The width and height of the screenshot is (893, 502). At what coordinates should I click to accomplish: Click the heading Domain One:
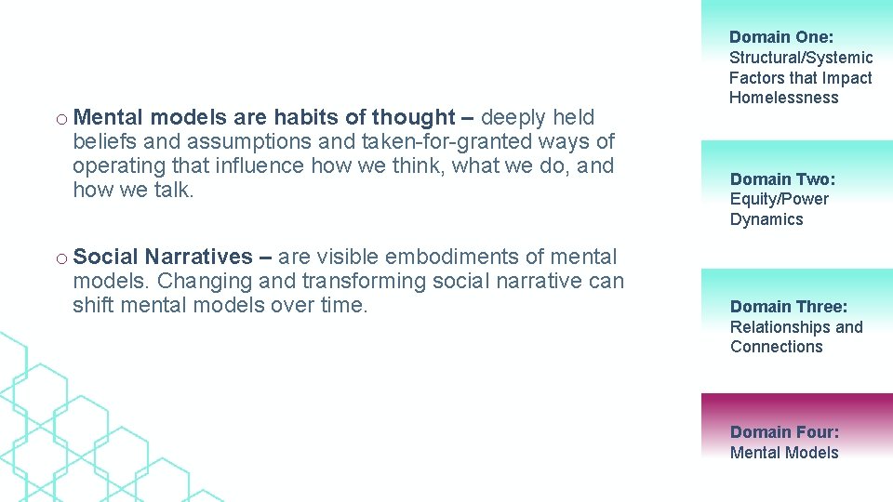[x=780, y=37]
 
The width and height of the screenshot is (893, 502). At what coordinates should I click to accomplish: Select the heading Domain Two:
[x=782, y=178]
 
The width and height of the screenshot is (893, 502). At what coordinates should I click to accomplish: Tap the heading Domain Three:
[x=789, y=307]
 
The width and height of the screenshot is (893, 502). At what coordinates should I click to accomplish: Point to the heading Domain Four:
[x=784, y=432]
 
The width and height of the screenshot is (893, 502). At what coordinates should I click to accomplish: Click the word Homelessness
[x=783, y=98]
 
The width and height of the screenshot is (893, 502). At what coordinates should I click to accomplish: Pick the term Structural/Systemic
[x=801, y=58]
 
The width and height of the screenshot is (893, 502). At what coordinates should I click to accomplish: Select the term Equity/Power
[x=779, y=199]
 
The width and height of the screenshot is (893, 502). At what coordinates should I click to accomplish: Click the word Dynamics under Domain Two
[x=766, y=219]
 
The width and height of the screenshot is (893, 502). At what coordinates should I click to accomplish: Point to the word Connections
[x=776, y=347]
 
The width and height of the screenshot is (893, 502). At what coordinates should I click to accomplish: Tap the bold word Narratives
[x=198, y=257]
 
